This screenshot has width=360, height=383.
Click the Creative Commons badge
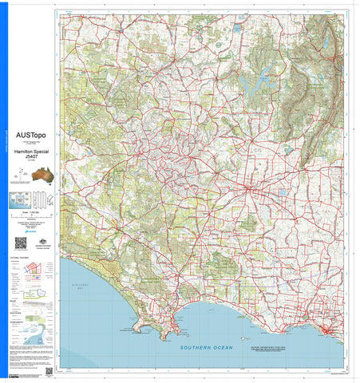pos(14,372)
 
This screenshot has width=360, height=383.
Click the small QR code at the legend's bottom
pos(49,371)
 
